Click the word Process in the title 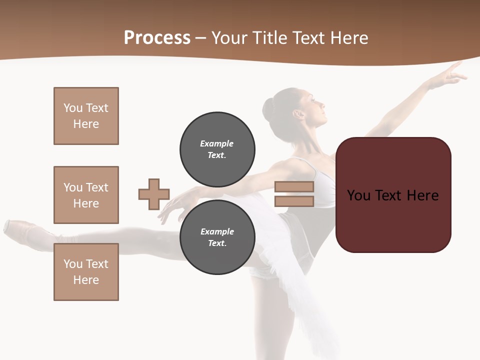pos(157,37)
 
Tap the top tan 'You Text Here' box pos(86,116)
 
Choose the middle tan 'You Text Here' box pos(86,195)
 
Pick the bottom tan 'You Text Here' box pos(86,272)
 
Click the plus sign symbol pos(154,194)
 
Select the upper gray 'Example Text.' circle pos(217,149)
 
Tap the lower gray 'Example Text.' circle pos(217,237)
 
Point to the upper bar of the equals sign pos(294,186)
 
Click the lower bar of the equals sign pos(294,201)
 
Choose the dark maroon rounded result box pos(393,195)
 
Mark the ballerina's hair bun pos(269,109)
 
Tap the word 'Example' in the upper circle pos(217,143)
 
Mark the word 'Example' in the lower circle pos(217,231)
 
